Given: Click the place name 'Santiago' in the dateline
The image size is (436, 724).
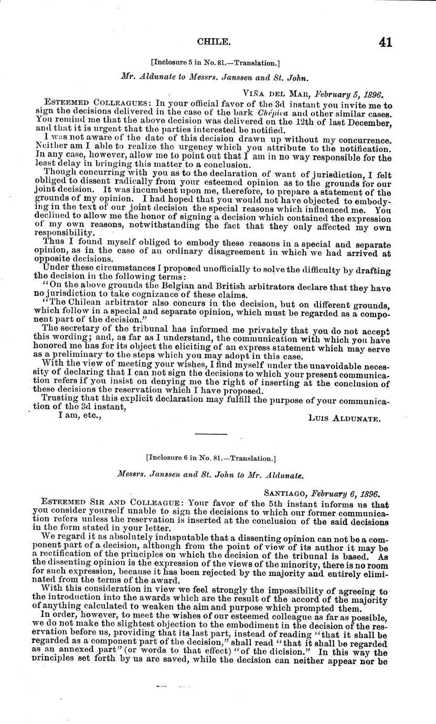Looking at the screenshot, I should click(x=285, y=494).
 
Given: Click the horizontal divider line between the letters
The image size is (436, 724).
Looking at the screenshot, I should click(x=210, y=434).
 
